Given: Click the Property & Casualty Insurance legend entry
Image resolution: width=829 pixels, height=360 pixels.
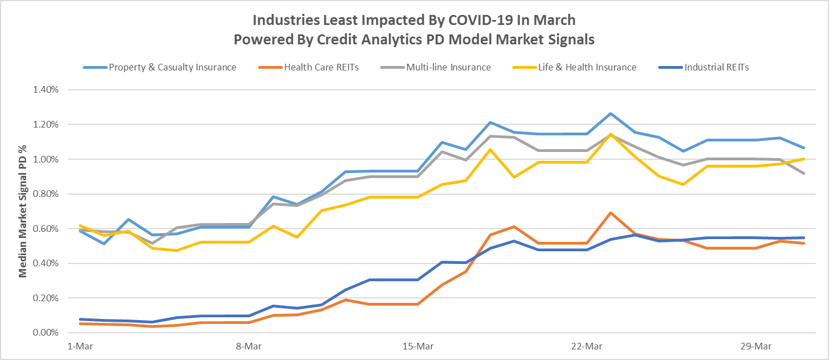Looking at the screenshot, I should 172,67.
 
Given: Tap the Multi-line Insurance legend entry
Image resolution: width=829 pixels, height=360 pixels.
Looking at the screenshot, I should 448,67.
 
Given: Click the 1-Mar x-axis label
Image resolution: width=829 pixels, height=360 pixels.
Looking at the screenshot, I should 80,347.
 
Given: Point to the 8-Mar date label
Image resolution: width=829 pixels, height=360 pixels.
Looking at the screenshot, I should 249,347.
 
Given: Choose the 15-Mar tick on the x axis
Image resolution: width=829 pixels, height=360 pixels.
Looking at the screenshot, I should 418,347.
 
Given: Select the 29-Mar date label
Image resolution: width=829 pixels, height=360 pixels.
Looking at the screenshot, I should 756,347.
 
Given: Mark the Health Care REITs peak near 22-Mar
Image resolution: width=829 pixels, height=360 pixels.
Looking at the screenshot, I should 610,212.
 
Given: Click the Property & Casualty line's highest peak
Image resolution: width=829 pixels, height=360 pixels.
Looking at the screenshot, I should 610,113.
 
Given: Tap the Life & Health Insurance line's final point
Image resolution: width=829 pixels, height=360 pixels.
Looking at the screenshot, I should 804,159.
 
